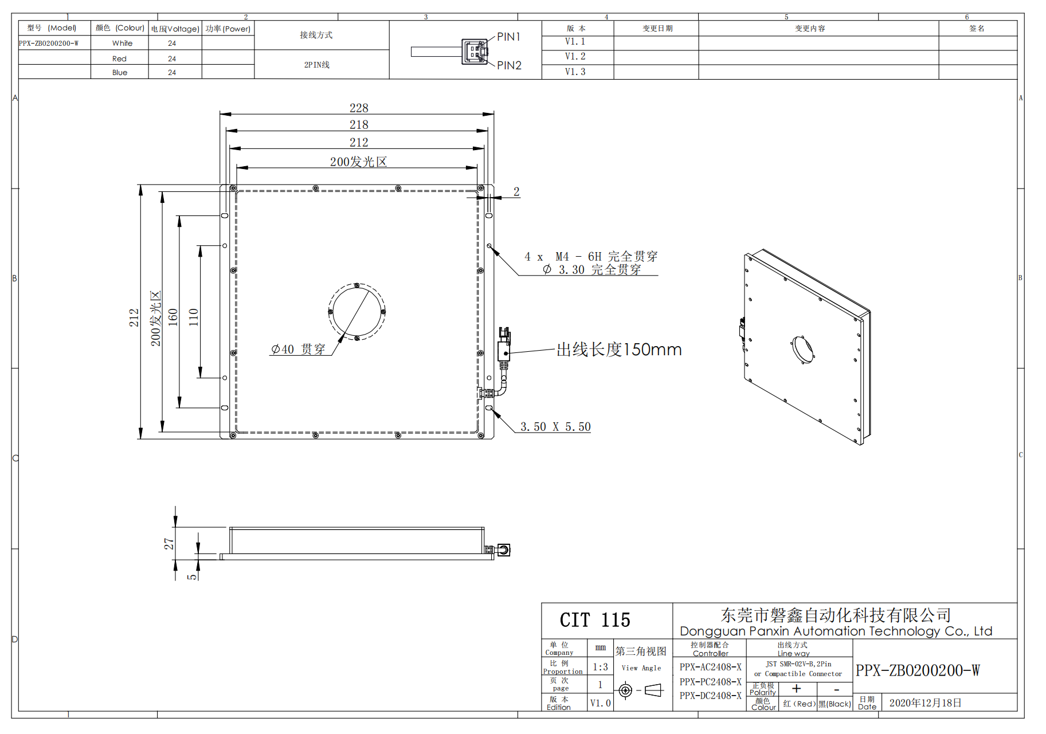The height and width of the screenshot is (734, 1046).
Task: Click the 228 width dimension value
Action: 359,108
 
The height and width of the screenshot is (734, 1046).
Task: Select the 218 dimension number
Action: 359,124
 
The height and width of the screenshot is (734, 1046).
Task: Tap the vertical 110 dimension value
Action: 194,317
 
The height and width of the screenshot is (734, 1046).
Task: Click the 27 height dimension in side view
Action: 169,543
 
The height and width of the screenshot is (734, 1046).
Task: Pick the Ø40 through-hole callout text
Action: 298,349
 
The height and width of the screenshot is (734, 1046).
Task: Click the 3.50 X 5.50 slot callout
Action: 555,427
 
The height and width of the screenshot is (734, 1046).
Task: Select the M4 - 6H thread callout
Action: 590,257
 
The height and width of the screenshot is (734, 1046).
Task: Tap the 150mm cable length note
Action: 619,350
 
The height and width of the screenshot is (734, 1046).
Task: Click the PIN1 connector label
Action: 508,37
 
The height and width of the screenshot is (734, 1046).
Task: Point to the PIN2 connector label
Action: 509,65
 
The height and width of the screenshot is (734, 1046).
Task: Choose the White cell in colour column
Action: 122,43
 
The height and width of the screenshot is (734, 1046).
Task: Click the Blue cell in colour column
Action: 120,72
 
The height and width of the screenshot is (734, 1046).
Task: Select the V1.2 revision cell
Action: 575,56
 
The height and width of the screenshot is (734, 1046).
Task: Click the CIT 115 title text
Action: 594,620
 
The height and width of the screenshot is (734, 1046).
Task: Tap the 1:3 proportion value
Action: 600,667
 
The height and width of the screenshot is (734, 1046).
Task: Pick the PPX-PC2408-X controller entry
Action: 710,682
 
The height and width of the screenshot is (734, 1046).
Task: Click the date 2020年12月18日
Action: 925,703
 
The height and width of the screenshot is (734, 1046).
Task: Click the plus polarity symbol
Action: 796,689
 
